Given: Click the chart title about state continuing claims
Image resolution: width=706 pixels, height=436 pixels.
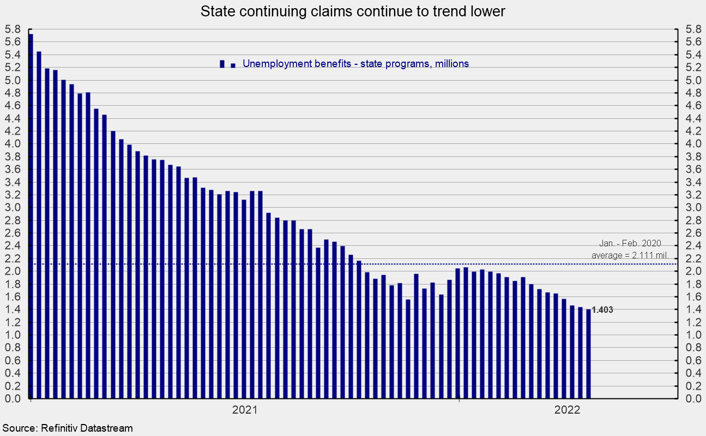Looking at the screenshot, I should click(353, 11).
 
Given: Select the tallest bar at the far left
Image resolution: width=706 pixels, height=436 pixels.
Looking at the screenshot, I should click(31, 218).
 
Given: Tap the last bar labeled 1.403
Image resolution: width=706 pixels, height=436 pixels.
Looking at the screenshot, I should click(588, 354).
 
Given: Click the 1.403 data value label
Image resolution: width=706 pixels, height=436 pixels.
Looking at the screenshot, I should click(602, 310).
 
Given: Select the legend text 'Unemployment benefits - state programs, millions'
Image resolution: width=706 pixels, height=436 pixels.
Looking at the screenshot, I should click(355, 64).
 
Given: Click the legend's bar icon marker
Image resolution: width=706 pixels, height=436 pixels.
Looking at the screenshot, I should click(222, 64).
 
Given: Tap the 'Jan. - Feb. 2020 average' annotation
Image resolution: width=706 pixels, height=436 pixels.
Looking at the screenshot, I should click(630, 250).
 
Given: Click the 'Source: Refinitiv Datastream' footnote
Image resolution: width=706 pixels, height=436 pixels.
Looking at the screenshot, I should click(67, 428).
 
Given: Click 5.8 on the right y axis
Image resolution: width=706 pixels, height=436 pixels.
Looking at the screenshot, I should click(691, 29).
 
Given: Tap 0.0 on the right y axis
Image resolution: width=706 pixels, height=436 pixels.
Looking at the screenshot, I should click(691, 399).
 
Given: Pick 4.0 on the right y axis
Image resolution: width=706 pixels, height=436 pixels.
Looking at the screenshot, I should click(691, 144).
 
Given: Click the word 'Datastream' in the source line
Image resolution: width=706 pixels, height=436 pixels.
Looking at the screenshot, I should click(107, 428).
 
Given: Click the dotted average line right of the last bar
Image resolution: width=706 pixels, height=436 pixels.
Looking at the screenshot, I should click(632, 264).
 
